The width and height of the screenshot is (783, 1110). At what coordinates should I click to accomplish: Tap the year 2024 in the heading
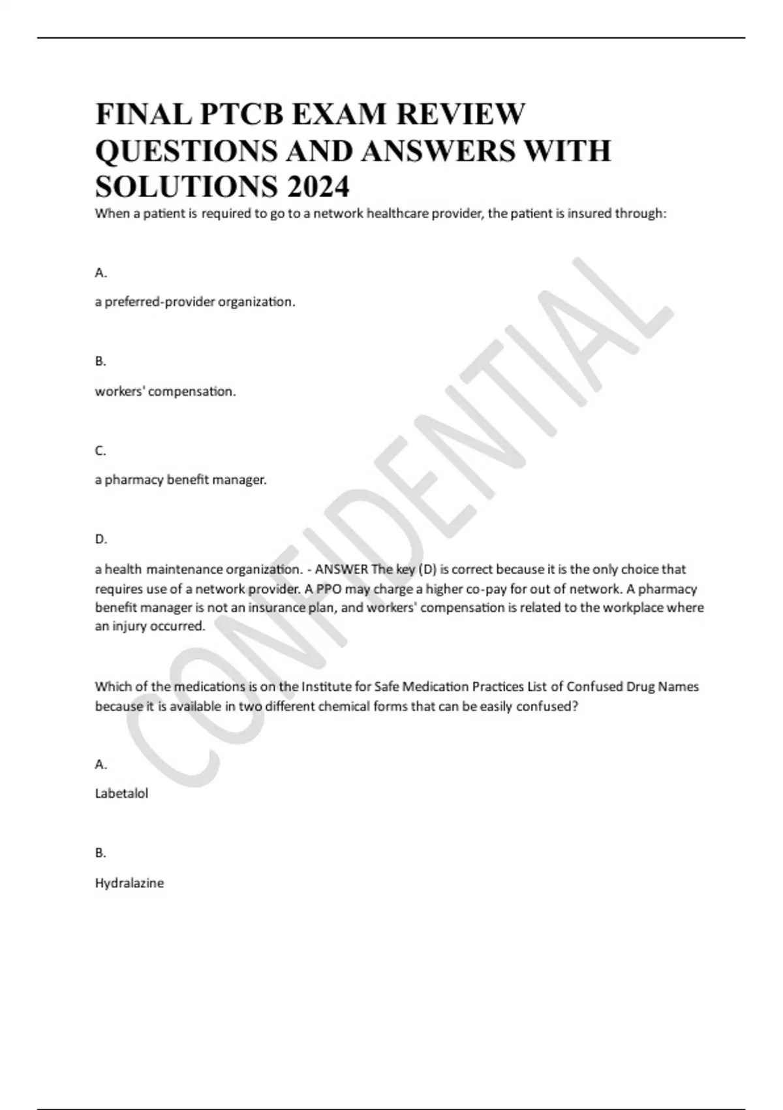316,187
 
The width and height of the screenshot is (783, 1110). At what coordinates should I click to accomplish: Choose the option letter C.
100,451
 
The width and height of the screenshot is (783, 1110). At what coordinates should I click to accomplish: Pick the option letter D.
100,539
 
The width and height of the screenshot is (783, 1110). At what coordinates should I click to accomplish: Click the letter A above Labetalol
100,764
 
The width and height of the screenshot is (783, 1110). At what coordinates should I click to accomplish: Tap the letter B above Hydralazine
100,853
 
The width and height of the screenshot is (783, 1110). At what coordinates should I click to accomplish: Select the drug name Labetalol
121,793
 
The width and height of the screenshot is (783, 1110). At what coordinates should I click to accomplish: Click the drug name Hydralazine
129,883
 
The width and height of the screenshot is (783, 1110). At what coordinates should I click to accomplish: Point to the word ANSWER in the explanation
341,569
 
